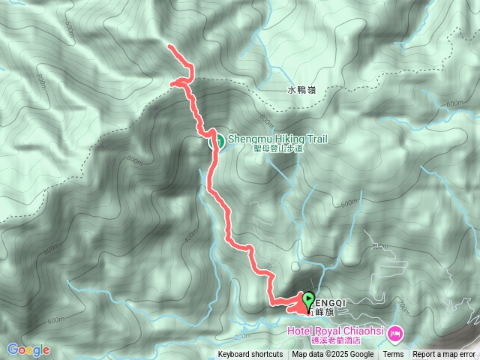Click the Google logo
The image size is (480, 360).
pyautogui.click(x=28, y=349)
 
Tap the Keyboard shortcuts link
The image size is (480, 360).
pyautogui.click(x=250, y=355)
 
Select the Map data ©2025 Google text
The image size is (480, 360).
pyautogui.click(x=333, y=355)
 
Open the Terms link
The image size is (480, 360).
pyautogui.click(x=393, y=355)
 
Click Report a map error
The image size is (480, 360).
pyautogui.click(x=444, y=355)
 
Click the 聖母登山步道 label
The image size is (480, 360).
pyautogui.click(x=277, y=148)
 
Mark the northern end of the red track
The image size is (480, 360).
pyautogui.click(x=169, y=46)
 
